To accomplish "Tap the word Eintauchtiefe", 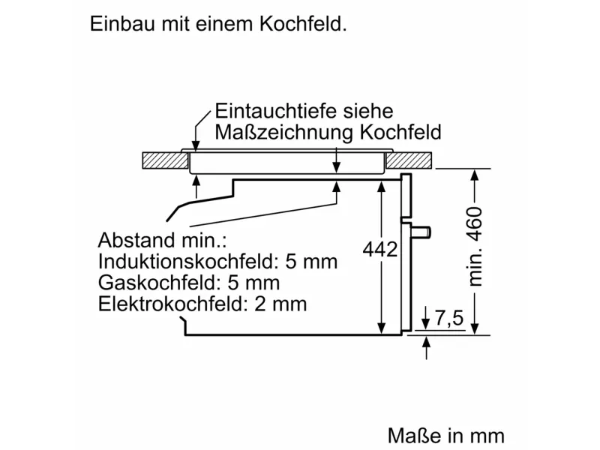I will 271,111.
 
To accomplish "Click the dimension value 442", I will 379,250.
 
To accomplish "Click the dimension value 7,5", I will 448,319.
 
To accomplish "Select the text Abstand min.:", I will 162,241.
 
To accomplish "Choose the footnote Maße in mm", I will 446,436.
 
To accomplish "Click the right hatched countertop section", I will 410,160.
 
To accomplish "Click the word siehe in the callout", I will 367,111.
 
